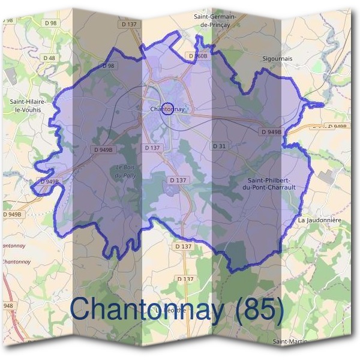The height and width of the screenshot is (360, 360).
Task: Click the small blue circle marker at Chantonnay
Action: pos(169,109)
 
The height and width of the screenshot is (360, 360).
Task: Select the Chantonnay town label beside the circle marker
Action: pos(166,109)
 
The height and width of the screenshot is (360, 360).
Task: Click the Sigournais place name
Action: pos(278,59)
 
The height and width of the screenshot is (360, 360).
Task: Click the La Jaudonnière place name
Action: pos(319,221)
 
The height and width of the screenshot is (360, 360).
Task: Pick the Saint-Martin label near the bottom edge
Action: pos(290,341)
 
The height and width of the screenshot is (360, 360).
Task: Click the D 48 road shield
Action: pos(50,58)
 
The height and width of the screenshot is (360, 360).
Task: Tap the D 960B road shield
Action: pos(198,56)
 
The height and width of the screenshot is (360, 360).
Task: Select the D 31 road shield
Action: pos(219,146)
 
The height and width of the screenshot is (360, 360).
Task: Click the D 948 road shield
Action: pos(7,306)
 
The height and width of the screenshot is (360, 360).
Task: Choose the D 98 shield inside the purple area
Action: pos(108,66)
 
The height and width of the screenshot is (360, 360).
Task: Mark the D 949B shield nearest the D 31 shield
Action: pos(271,131)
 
